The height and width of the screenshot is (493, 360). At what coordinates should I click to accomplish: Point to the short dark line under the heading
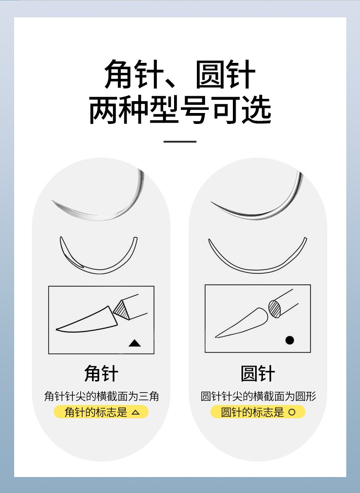180,141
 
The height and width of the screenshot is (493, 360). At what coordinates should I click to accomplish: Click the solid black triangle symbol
134,343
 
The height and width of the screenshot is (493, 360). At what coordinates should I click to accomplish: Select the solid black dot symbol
289,340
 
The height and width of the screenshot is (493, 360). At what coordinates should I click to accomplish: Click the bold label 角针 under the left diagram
101,374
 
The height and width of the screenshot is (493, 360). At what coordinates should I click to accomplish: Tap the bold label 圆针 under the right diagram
258,374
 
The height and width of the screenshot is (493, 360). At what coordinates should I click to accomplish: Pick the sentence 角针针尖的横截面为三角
101,396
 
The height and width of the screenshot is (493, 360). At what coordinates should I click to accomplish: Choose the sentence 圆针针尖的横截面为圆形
258,396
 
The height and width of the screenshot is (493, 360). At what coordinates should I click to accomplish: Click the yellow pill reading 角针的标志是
101,412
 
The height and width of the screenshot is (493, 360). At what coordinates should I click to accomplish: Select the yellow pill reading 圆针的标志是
258,412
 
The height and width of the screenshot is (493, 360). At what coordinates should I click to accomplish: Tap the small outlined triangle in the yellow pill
135,413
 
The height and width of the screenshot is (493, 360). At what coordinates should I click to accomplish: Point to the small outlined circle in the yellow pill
292,413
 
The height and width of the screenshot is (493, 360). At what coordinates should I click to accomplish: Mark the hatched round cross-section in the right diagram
275,308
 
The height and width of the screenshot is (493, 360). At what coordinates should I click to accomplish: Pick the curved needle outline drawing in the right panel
258,260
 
